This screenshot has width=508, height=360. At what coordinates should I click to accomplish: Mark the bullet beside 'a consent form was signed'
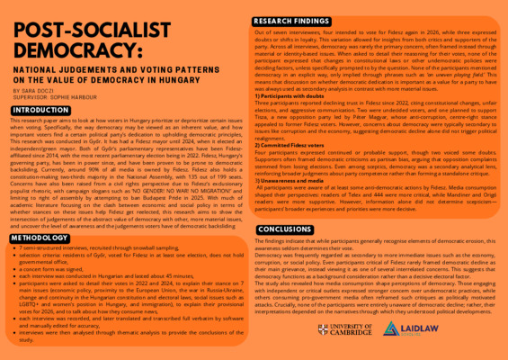coord(15,268)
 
